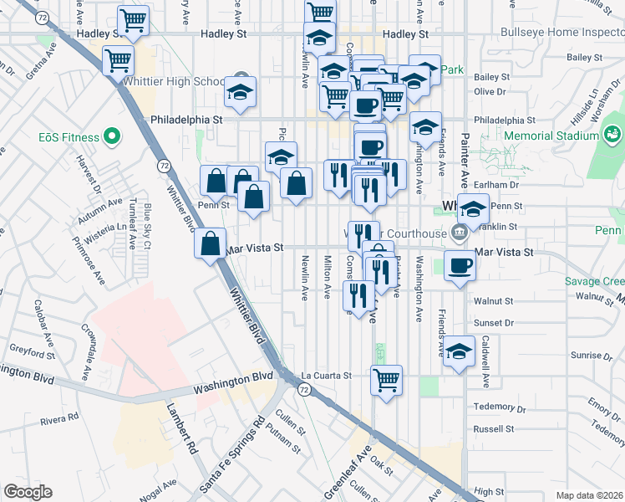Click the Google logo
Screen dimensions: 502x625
[28, 492]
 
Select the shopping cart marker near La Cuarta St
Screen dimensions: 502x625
[386, 380]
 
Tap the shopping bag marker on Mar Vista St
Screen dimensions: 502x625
[211, 243]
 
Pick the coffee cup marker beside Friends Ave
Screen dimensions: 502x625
[460, 266]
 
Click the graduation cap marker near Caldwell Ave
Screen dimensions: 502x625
[459, 351]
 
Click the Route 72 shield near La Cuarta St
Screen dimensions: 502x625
[303, 390]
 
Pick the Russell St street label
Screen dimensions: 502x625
[493, 429]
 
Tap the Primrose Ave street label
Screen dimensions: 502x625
[99, 262]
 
